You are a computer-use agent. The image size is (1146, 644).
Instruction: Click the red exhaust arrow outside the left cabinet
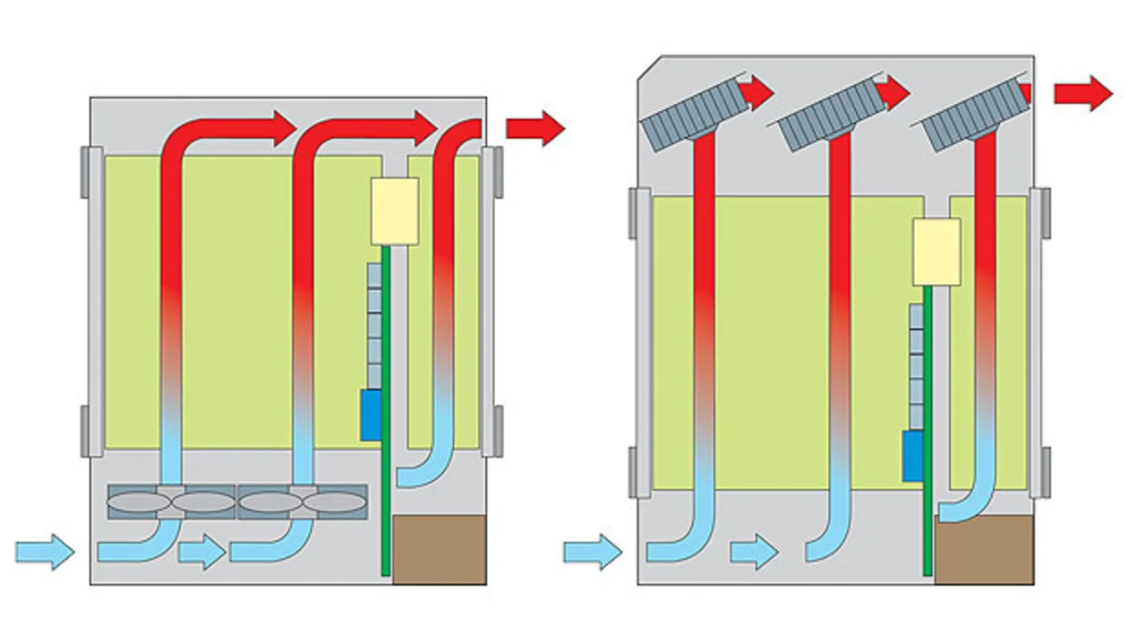(535, 128)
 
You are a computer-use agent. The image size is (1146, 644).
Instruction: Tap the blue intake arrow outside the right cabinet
(592, 551)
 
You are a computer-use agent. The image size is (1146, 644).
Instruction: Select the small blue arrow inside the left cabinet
(201, 552)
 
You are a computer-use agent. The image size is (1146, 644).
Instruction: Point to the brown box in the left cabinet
(439, 549)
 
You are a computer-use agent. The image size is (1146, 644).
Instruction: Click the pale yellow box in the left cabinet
(395, 210)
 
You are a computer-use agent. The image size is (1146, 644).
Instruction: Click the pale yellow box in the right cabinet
(936, 252)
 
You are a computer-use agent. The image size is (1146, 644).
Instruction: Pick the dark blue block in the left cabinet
(371, 415)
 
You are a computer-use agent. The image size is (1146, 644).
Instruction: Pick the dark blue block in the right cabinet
(912, 456)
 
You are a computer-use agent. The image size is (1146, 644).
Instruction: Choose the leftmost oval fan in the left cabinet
(139, 502)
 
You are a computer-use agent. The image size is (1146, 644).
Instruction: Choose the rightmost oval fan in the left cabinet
(334, 502)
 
